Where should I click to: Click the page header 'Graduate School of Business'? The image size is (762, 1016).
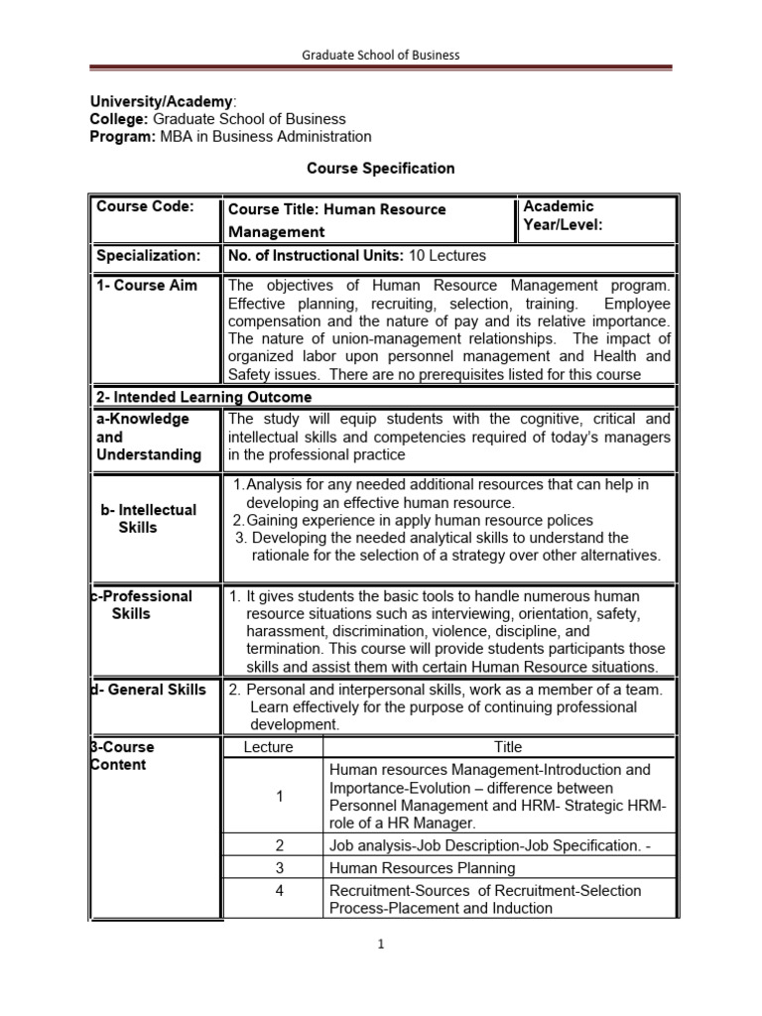381,55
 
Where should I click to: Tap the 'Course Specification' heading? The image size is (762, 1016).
381,169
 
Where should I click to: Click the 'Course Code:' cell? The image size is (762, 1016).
145,206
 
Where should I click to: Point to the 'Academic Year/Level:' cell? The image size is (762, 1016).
563,215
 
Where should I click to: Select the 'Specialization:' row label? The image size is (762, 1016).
148,256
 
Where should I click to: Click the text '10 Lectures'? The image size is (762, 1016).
447,256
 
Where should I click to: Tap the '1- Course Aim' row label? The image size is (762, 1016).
147,286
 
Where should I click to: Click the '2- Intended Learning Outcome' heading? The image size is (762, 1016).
203,397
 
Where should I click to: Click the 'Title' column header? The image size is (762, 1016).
508,747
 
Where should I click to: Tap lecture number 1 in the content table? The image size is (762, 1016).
280,797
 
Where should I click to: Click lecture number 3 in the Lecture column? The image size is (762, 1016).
280,868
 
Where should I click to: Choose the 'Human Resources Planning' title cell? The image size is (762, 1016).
422,868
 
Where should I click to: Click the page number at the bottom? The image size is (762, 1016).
381,945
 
